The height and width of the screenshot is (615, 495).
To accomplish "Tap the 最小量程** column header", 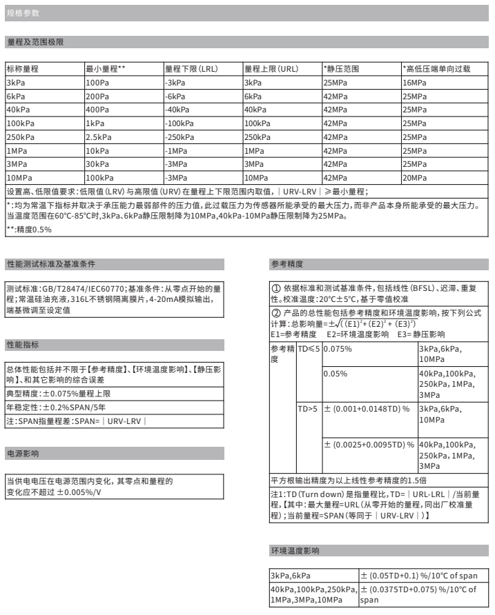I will (105, 70).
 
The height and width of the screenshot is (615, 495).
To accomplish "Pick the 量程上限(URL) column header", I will (271, 70).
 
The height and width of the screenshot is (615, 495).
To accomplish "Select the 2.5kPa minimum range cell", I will (99, 137).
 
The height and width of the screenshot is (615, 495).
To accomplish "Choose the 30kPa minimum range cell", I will (97, 163).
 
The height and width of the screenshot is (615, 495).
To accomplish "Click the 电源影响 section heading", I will (23, 454).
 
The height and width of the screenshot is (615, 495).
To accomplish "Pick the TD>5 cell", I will (308, 409).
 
